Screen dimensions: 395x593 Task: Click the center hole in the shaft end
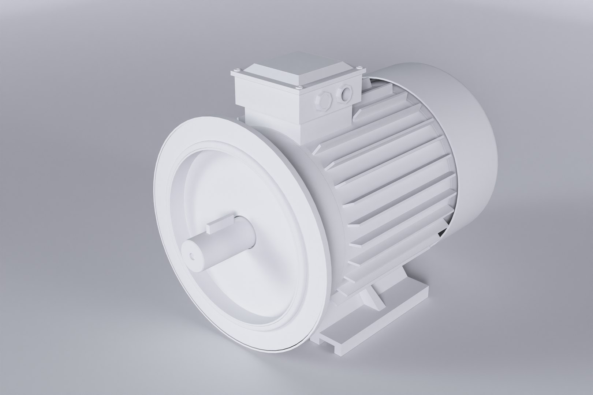(192, 256)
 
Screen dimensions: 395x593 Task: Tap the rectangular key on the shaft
(220, 224)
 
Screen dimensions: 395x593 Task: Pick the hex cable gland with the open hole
(345, 93)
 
